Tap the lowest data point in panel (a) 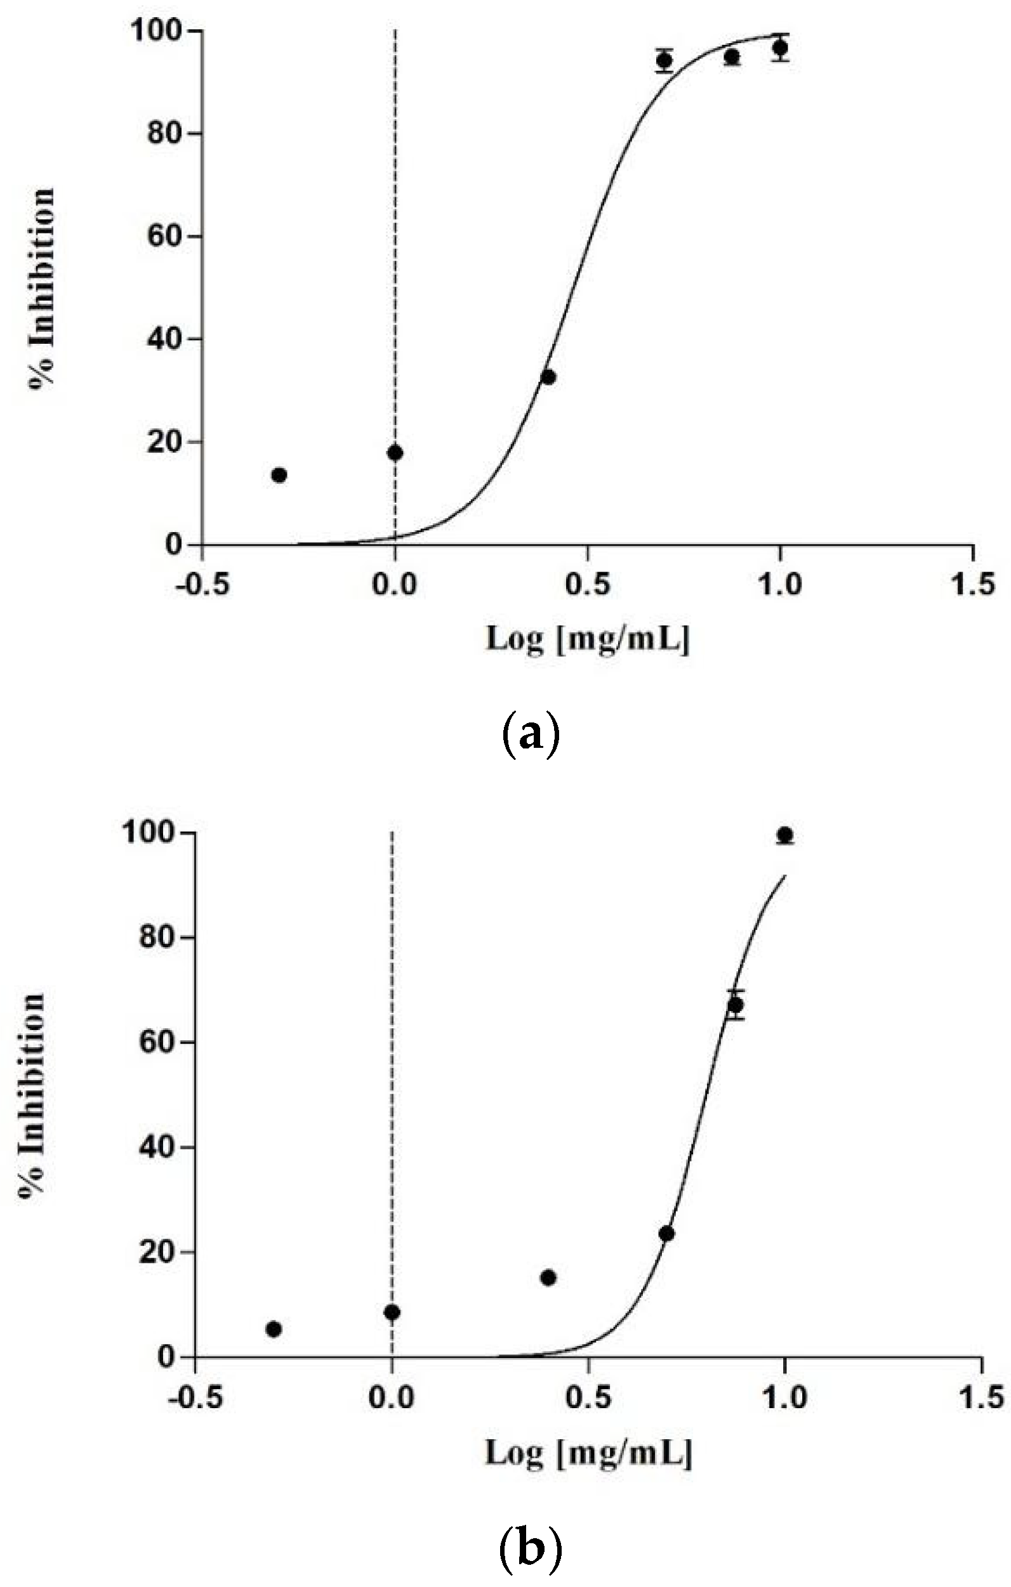tap(279, 474)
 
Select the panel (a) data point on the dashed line tap(395, 453)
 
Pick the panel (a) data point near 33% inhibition tap(548, 377)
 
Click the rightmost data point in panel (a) tap(780, 48)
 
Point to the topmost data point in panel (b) tap(785, 835)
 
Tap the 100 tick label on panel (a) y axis tap(156, 31)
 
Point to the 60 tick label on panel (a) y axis tap(164, 236)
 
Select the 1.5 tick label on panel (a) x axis tap(974, 585)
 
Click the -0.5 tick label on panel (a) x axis tap(201, 585)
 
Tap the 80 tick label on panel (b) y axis tap(158, 938)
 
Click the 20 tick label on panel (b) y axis tap(158, 1252)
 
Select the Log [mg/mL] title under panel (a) tap(587, 639)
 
